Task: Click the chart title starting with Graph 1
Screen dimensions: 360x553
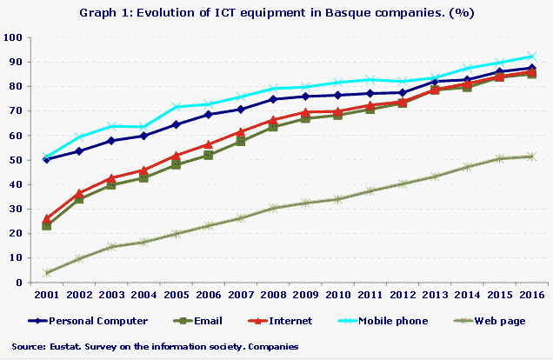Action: [x=276, y=13]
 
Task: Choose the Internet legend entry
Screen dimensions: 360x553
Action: [x=291, y=321]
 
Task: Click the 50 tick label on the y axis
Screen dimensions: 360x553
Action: [x=15, y=160]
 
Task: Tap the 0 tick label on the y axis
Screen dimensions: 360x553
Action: [x=18, y=283]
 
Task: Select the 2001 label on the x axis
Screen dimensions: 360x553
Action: [x=46, y=296]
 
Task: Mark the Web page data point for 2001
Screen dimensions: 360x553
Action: [x=46, y=272]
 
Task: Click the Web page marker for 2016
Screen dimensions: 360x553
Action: [x=531, y=157]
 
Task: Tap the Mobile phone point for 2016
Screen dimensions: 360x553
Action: [x=531, y=57]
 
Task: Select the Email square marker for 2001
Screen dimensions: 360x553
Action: [x=46, y=225]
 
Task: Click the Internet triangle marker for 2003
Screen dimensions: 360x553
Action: [x=110, y=178]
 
